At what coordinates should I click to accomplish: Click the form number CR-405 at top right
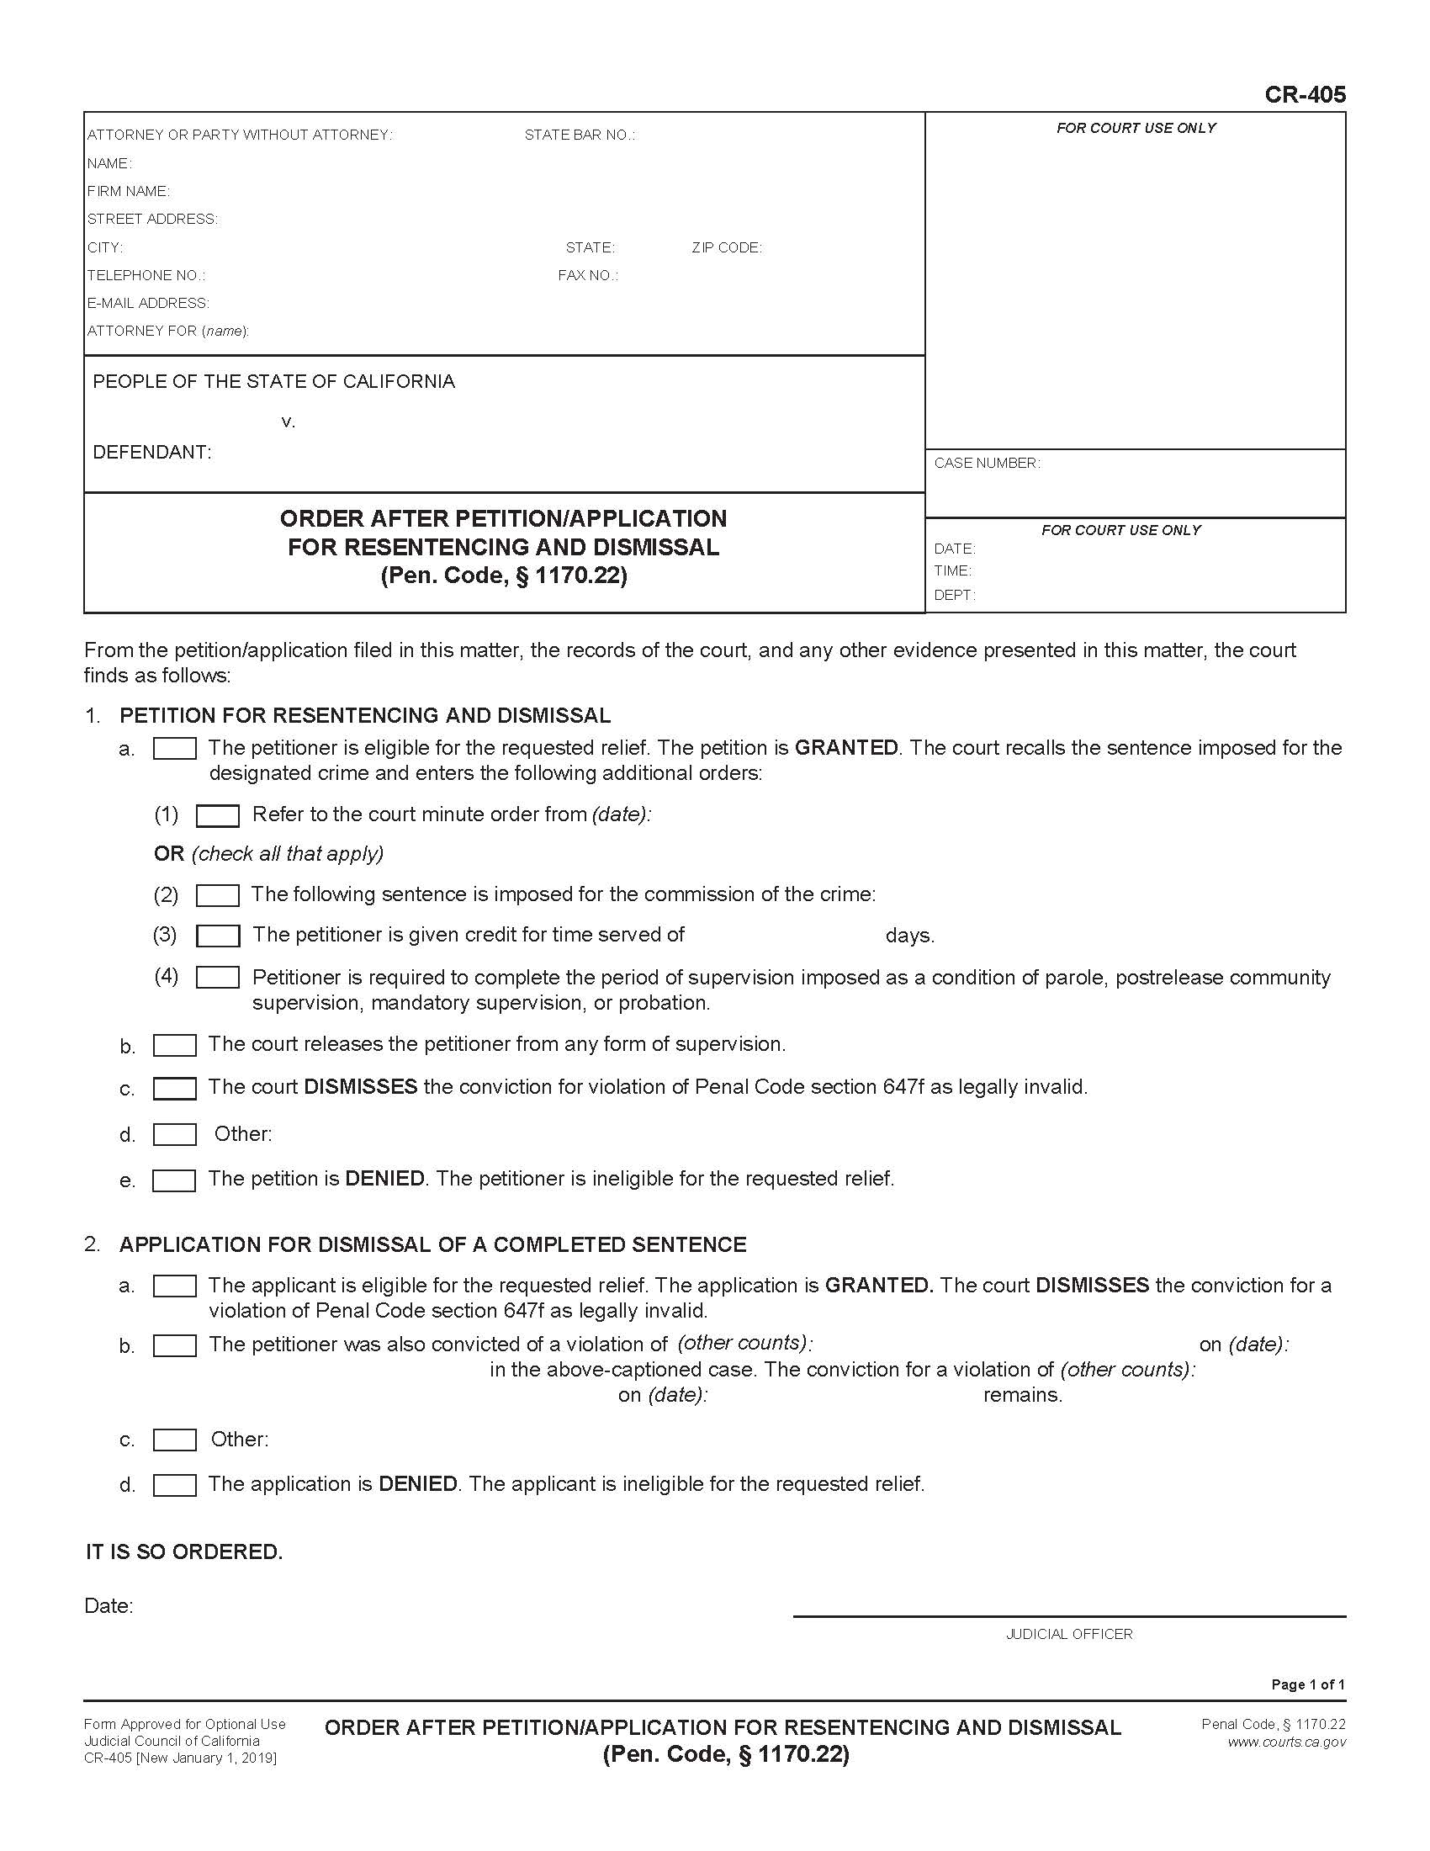tap(1304, 94)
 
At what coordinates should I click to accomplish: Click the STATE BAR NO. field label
tap(580, 135)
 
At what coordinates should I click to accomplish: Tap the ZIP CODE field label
tap(726, 247)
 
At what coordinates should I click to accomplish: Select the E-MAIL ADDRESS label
tap(147, 303)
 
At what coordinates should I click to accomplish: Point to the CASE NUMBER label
tap(986, 463)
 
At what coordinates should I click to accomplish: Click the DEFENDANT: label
tap(151, 452)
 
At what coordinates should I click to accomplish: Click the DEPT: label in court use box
tap(954, 595)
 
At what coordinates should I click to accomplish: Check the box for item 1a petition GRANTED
tap(174, 748)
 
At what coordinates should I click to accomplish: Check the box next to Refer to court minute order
tap(218, 815)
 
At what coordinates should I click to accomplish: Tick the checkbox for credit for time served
tap(218, 936)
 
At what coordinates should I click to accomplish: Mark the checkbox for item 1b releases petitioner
tap(174, 1045)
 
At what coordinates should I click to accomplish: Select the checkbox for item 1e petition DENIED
tap(174, 1180)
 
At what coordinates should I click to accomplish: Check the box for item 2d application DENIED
tap(174, 1485)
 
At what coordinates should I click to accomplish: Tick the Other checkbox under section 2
tap(174, 1440)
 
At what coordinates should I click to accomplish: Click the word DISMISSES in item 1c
tap(360, 1086)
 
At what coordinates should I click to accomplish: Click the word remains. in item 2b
tap(1022, 1395)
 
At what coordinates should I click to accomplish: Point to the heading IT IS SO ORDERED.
tap(184, 1551)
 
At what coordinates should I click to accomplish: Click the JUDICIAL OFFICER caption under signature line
tap(1068, 1634)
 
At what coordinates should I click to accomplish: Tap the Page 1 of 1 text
tap(1307, 1684)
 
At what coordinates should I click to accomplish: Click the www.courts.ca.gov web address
tap(1285, 1742)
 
